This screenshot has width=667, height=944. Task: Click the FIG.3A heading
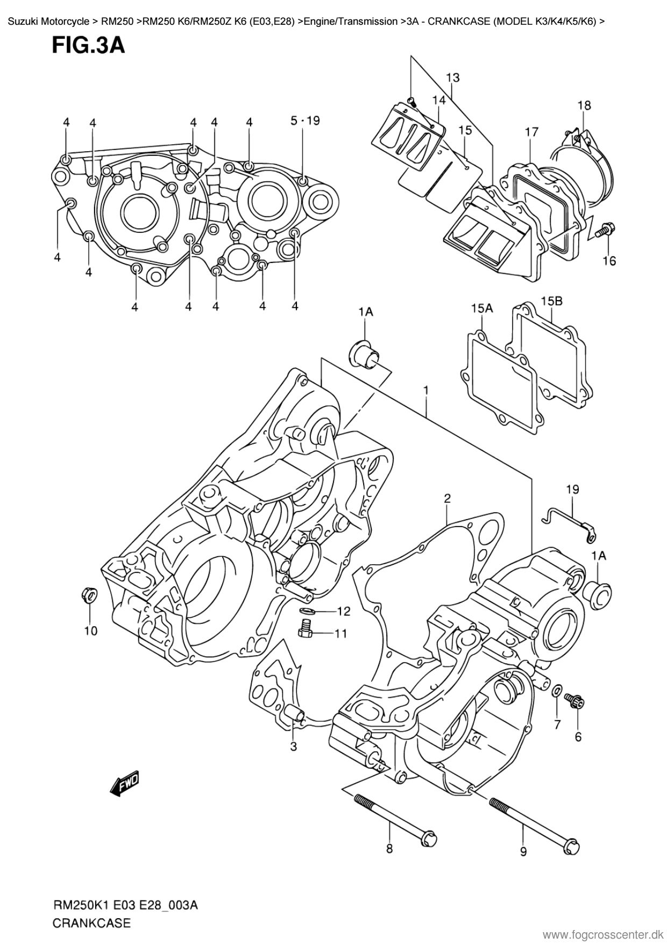coord(88,46)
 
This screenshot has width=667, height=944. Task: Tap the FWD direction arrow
coord(124,783)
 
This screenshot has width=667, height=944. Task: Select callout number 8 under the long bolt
coord(389,849)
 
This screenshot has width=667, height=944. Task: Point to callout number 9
coord(523,851)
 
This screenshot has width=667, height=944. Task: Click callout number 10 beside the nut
coord(90,630)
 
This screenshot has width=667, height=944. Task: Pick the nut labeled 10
coord(89,594)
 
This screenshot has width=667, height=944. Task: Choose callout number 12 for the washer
coord(343,611)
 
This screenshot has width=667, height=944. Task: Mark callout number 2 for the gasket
coord(447,499)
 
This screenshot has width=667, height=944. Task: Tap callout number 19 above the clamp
coord(572,489)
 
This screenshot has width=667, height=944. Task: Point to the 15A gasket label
coord(482,308)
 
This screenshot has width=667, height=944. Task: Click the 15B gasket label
coord(551,301)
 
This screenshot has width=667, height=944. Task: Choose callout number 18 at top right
coord(584,105)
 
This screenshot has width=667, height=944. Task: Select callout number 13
coord(452,77)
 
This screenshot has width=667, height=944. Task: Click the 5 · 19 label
coord(305,121)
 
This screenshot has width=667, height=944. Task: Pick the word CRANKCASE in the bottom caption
coord(91,923)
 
